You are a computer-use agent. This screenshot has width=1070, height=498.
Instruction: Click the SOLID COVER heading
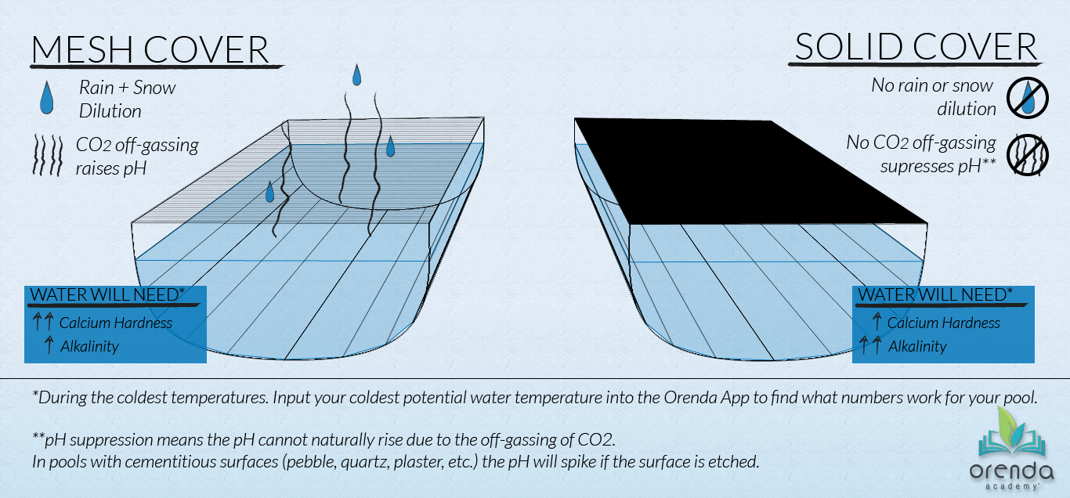(x=916, y=47)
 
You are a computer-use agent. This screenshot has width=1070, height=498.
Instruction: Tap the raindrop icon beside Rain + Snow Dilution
(x=49, y=99)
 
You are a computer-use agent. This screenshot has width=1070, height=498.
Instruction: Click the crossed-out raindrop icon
(x=1025, y=98)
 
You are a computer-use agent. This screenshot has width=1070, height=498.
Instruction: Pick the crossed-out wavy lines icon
(x=1025, y=153)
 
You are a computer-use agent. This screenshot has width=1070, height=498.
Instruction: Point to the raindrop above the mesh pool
(x=357, y=75)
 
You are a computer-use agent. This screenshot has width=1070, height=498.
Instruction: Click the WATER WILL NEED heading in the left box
(x=107, y=294)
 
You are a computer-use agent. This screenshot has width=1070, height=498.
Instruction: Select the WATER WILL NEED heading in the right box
(x=935, y=294)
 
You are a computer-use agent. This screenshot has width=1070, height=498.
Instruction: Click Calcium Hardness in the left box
(x=115, y=323)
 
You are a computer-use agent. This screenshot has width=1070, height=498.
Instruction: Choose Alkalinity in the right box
(x=917, y=346)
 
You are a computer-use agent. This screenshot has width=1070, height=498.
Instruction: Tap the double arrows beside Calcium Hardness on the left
(x=43, y=323)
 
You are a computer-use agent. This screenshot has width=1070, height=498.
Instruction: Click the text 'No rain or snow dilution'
(x=932, y=97)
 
